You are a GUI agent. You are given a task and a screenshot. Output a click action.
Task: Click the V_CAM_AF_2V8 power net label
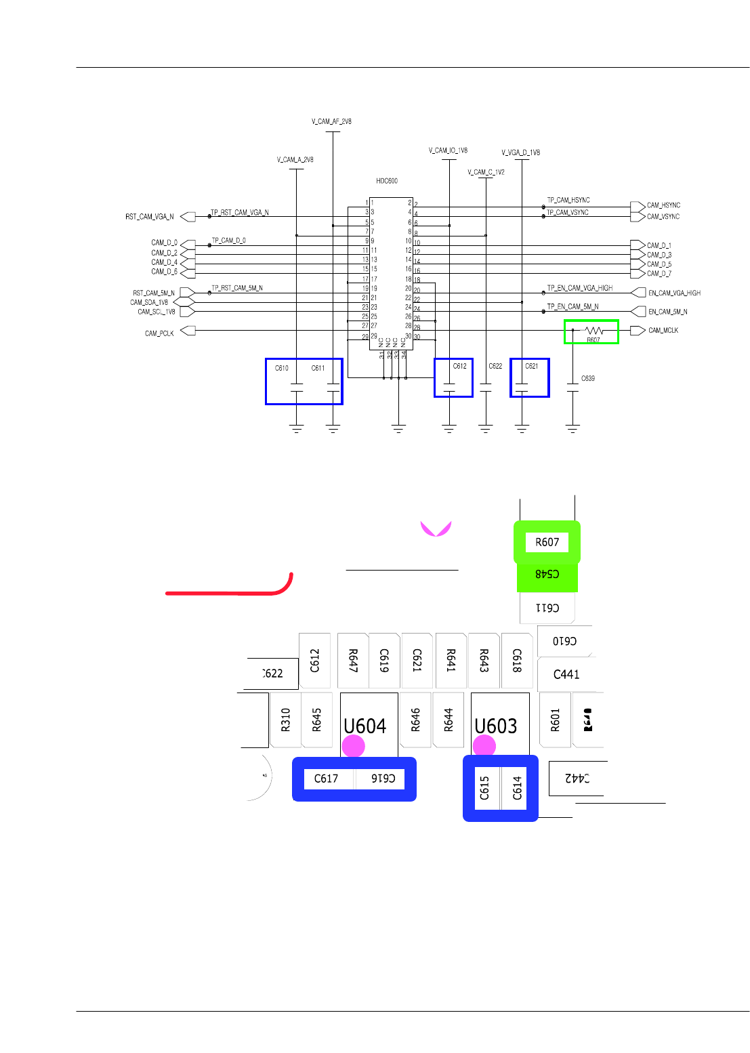(x=331, y=122)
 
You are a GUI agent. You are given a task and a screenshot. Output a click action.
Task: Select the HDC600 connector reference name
(x=387, y=181)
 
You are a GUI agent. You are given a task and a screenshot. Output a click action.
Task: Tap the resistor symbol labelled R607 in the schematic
(x=593, y=331)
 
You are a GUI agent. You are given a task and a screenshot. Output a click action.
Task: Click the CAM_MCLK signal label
(x=663, y=331)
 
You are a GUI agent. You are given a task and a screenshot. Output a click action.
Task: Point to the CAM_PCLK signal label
(x=159, y=333)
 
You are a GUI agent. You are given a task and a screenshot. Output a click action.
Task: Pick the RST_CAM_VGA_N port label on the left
(x=149, y=217)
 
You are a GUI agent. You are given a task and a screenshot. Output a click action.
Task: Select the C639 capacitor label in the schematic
(x=588, y=378)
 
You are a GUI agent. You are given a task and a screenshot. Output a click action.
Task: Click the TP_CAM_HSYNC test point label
(x=568, y=201)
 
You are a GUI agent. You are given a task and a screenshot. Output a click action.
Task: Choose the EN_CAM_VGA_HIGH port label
(x=674, y=293)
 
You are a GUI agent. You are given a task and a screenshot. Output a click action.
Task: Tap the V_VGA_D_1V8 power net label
(x=520, y=153)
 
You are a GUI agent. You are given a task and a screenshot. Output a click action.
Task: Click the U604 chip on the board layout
(x=366, y=725)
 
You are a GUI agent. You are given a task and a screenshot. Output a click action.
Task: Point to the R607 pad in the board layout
(x=547, y=542)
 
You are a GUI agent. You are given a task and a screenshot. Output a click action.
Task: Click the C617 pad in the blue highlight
(x=327, y=779)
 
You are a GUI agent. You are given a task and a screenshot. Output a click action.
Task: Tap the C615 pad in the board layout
(x=485, y=788)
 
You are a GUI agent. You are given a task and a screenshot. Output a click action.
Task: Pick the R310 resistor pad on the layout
(x=285, y=720)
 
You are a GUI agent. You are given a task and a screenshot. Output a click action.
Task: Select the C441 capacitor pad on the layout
(x=566, y=674)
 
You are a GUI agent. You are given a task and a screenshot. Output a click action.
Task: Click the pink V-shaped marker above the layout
(x=436, y=529)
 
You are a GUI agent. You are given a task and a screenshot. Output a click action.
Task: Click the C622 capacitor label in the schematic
(x=495, y=366)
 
